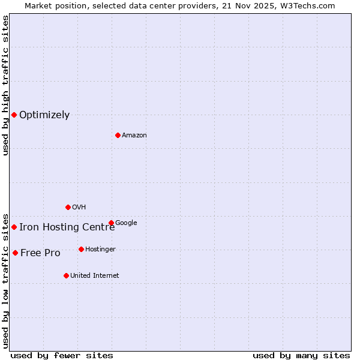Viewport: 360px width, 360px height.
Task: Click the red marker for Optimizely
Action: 14,115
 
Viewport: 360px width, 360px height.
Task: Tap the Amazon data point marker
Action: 118,135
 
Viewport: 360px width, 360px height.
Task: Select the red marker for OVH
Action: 68,207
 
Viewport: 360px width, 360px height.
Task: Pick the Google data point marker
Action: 111,223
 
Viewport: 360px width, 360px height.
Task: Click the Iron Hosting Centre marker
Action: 14,227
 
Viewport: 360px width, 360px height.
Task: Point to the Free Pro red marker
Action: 15,253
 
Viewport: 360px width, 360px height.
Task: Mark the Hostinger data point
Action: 81,249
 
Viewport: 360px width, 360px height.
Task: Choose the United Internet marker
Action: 66,275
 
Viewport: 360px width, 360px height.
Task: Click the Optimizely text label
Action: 44,115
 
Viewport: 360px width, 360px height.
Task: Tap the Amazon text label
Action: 134,136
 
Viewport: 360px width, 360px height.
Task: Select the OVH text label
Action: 79,208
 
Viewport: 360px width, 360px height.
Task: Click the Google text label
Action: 126,223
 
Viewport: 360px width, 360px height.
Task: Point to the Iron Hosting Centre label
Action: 67,227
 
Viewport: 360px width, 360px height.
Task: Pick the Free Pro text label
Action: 40,253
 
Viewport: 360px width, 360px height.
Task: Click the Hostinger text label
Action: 100,250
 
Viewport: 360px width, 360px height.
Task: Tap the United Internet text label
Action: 94,276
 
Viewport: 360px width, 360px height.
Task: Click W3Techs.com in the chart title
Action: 309,6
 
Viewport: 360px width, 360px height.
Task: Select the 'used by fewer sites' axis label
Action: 62,355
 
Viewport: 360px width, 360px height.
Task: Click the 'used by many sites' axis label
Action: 301,355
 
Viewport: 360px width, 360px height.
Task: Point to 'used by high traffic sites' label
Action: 6,85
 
